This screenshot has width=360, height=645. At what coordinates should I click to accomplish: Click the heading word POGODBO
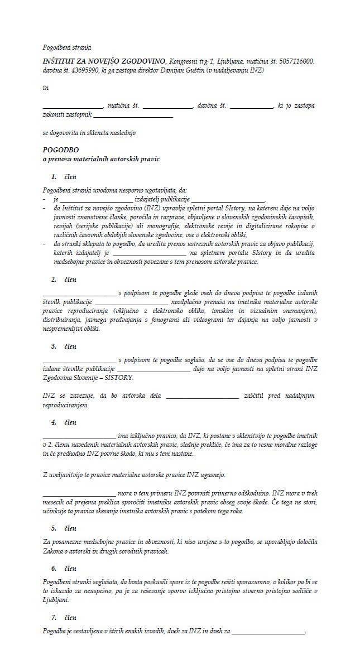tap(61, 150)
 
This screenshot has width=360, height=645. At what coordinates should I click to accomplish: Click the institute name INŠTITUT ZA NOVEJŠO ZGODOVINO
tap(104, 61)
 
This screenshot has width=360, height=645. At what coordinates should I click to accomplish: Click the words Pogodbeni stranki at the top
tap(67, 47)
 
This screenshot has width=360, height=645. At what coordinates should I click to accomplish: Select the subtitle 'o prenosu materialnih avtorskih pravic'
tap(101, 159)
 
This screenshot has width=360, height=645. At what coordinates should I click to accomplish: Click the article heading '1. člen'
tap(64, 177)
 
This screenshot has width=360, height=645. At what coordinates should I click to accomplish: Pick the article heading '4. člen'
tap(64, 422)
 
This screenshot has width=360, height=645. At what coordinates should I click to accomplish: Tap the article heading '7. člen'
tap(64, 618)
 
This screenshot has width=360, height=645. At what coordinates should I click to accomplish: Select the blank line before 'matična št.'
tap(73, 106)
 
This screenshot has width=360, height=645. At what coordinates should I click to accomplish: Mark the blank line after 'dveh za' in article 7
tap(268, 632)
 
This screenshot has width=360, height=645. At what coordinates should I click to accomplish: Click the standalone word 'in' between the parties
tap(46, 88)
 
